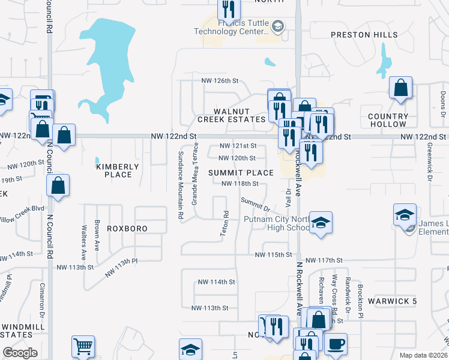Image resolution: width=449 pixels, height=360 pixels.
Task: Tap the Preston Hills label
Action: tap(359, 35)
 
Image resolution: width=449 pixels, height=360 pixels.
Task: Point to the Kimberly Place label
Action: tap(118, 170)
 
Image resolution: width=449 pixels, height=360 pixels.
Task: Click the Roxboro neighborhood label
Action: tap(127, 229)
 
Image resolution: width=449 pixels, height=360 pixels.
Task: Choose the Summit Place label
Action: tap(241, 173)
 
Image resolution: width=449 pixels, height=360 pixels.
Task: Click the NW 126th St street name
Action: tap(220, 80)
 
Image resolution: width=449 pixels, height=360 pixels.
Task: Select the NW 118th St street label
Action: tap(240, 184)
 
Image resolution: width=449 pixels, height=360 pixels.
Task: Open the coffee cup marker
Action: tap(336, 343)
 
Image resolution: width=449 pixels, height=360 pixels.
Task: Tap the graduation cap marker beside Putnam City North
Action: tap(321, 224)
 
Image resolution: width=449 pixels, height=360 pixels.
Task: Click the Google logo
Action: tap(20, 353)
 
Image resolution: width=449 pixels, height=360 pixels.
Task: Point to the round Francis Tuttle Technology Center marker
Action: tap(277, 26)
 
